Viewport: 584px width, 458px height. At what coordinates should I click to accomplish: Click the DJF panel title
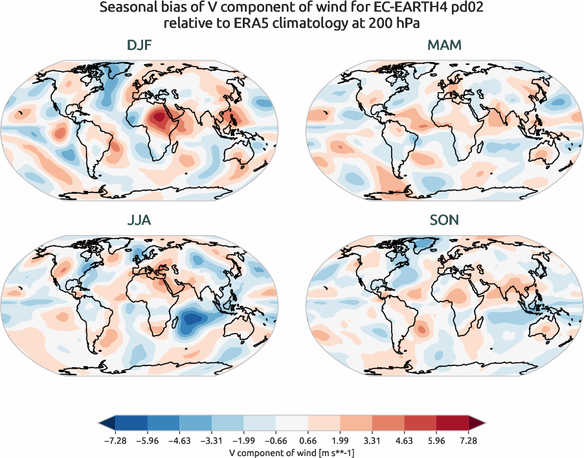139,45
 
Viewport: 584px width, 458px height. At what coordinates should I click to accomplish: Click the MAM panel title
444,45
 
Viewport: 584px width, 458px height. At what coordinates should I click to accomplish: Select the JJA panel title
139,220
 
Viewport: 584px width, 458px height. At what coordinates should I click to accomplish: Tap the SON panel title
444,220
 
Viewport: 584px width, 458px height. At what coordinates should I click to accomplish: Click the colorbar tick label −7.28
115,441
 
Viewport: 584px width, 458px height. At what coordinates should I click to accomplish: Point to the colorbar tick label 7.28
469,441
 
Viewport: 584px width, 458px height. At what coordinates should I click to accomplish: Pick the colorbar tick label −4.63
179,441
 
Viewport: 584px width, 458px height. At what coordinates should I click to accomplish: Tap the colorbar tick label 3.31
372,441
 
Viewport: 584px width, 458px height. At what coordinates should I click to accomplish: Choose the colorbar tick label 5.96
436,441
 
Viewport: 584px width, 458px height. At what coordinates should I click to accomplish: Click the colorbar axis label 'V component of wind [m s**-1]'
291,453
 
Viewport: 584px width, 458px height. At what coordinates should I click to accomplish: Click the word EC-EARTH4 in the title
397,9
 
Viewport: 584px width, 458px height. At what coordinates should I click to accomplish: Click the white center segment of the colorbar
292,424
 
